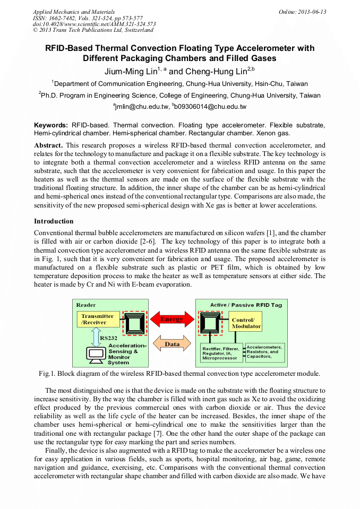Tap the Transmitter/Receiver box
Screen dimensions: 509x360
point(97,319)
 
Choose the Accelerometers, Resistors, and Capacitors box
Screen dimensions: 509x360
point(264,351)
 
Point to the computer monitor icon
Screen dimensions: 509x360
point(96,353)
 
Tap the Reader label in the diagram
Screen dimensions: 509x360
point(86,305)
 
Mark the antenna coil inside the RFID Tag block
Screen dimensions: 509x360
point(210,323)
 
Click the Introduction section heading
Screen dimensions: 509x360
point(54,221)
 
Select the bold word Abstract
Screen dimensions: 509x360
point(48,145)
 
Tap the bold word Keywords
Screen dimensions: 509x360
point(50,124)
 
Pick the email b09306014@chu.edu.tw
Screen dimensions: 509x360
point(209,107)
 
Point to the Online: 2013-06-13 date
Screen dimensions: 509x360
point(302,12)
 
